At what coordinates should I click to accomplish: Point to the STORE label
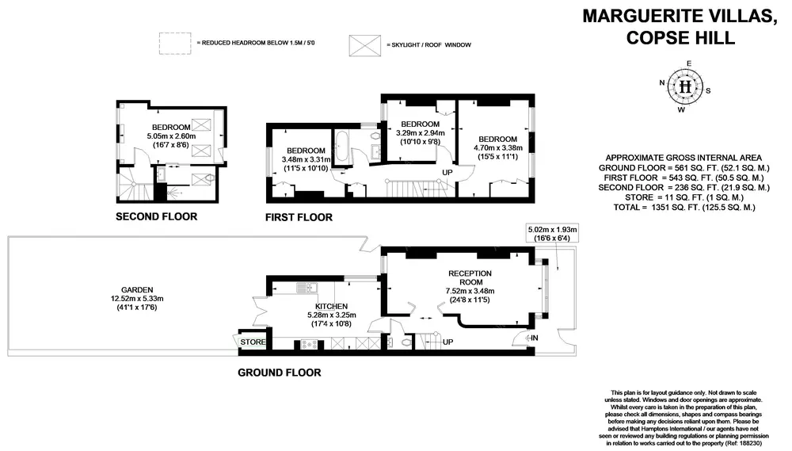point(253,342)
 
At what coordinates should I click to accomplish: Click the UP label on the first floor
point(447,172)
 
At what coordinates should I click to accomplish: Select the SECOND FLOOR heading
point(156,216)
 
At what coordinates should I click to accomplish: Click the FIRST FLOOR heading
point(299,217)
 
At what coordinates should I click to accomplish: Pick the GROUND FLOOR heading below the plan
point(280,372)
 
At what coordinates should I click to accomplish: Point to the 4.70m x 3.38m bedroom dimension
point(497,147)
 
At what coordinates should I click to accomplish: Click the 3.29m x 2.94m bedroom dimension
point(420,133)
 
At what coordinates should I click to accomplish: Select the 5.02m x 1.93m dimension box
point(553,234)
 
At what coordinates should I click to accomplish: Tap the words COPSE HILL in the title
point(679,37)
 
